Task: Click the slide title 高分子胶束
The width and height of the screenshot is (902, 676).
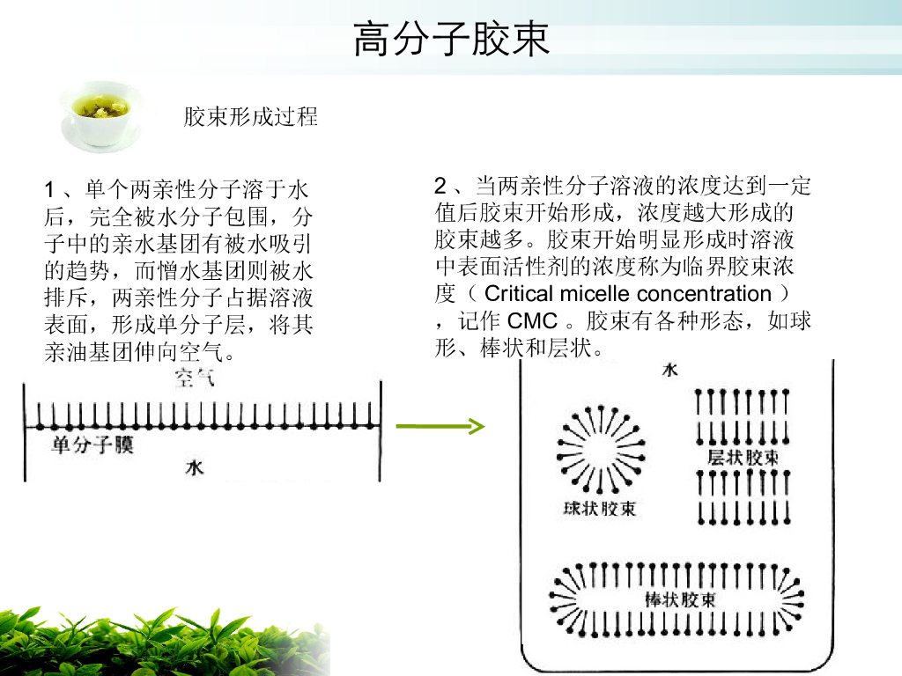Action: click(451, 40)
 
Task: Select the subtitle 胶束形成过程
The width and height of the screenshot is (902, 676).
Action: click(250, 116)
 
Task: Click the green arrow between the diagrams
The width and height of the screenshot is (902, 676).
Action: click(440, 428)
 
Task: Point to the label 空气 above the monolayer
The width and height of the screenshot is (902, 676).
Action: click(193, 380)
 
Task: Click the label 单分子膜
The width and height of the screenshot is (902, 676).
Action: click(92, 445)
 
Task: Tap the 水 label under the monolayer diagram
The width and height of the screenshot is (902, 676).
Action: click(194, 467)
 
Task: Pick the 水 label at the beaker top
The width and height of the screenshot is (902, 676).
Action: click(669, 371)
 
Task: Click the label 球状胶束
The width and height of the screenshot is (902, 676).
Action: click(599, 509)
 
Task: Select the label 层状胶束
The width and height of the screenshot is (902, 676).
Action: click(743, 459)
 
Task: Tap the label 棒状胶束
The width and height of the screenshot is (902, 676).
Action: click(679, 600)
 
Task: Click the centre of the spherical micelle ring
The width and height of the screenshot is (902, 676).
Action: click(599, 450)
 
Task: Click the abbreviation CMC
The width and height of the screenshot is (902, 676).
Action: click(533, 320)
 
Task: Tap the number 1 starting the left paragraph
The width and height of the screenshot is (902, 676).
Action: click(50, 189)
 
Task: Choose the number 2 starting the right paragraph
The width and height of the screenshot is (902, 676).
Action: click(441, 186)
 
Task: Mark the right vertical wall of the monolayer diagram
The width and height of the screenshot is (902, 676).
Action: click(381, 430)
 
